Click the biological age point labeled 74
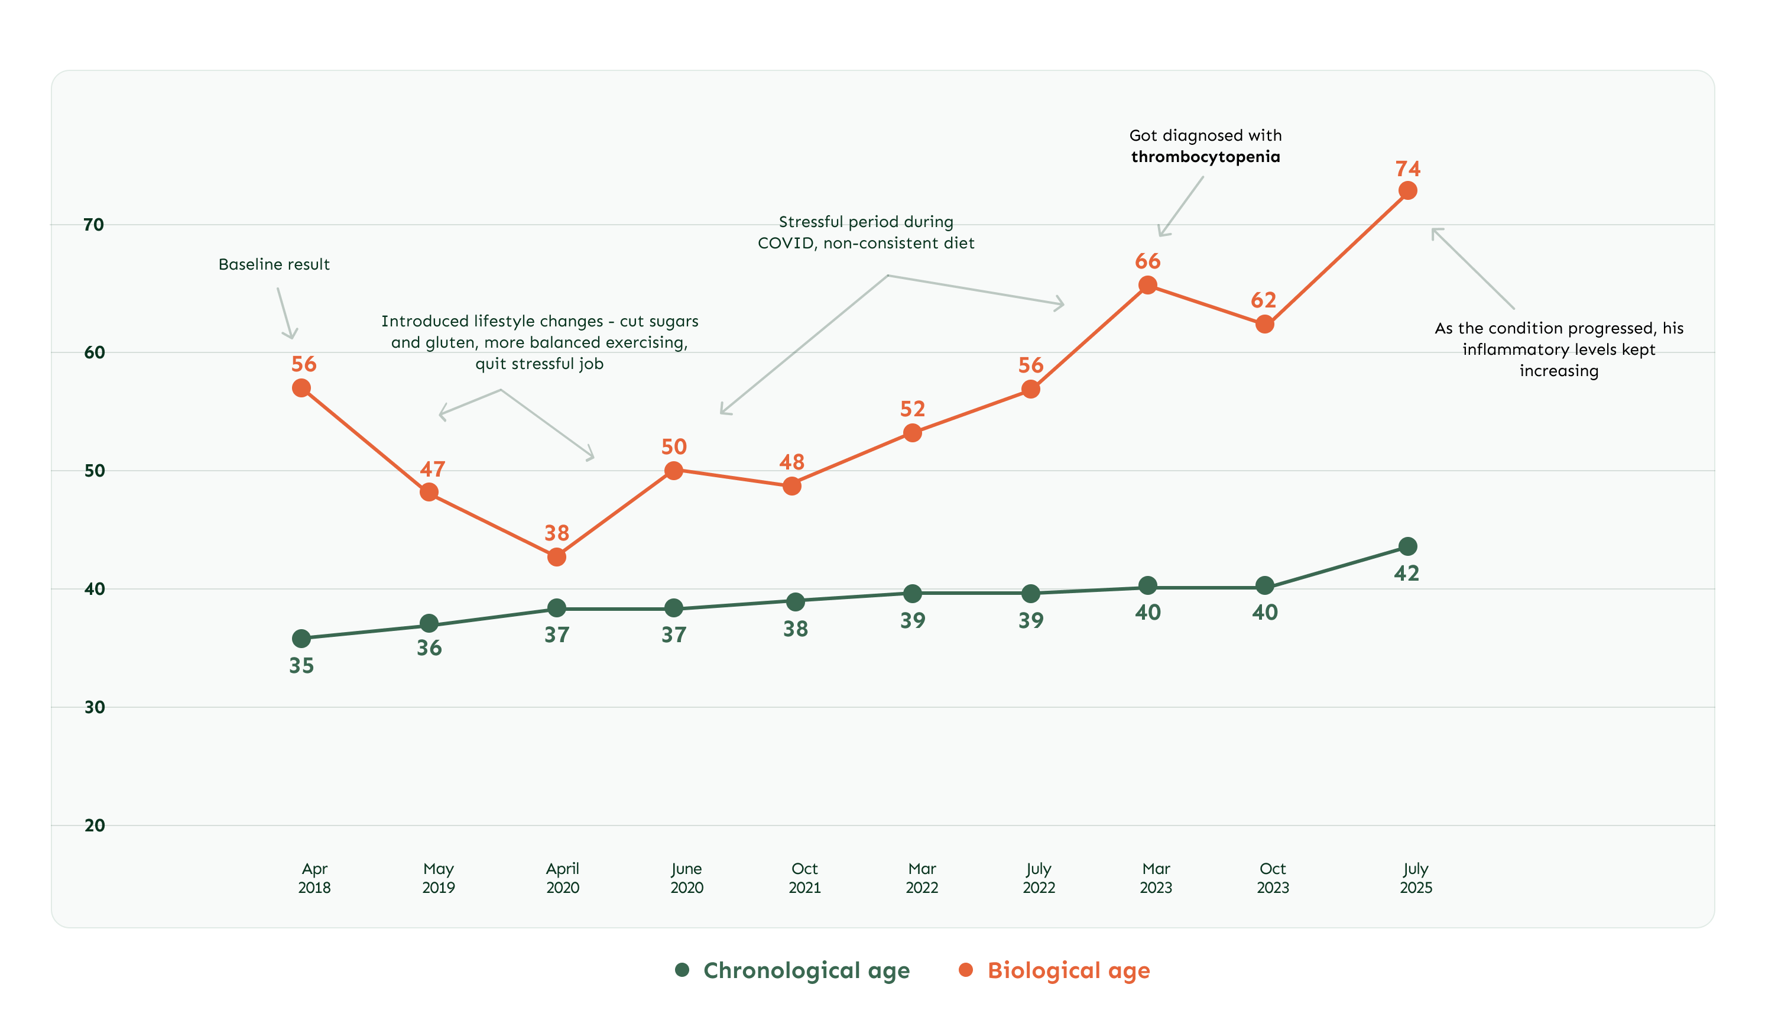click(x=1407, y=190)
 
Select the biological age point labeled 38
click(x=556, y=557)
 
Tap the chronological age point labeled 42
click(x=1407, y=546)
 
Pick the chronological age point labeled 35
click(x=301, y=638)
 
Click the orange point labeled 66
click(x=1147, y=285)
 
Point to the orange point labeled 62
click(x=1264, y=324)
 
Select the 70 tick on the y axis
click(x=94, y=225)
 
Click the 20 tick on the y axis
click(x=95, y=825)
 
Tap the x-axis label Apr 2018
click(x=314, y=878)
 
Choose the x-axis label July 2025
click(x=1416, y=878)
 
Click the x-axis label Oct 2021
click(x=804, y=878)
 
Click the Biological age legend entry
click(x=1055, y=970)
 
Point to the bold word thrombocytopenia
click(x=1205, y=157)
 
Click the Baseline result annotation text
click(x=274, y=264)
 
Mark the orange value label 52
click(x=913, y=409)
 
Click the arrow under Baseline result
click(x=285, y=313)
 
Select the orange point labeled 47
click(x=429, y=493)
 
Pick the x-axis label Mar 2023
click(x=1156, y=878)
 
